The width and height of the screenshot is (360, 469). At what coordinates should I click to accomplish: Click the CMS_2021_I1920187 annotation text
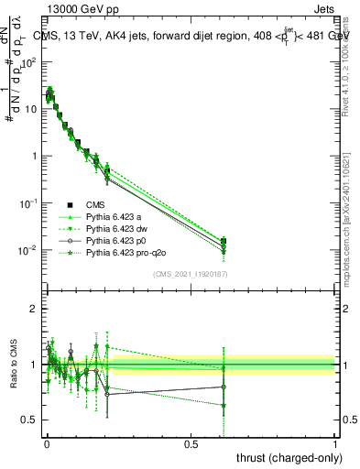[191, 274]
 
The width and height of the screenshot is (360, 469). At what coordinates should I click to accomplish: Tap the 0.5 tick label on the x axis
[191, 443]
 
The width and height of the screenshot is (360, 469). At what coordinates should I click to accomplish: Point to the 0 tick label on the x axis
[47, 443]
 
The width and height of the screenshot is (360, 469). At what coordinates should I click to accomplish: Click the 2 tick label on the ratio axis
[32, 309]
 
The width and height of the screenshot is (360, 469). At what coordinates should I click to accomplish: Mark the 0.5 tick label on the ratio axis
[28, 420]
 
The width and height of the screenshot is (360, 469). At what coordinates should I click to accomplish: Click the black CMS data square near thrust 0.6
[224, 242]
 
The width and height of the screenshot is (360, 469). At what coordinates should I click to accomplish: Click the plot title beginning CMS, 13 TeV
[191, 36]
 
